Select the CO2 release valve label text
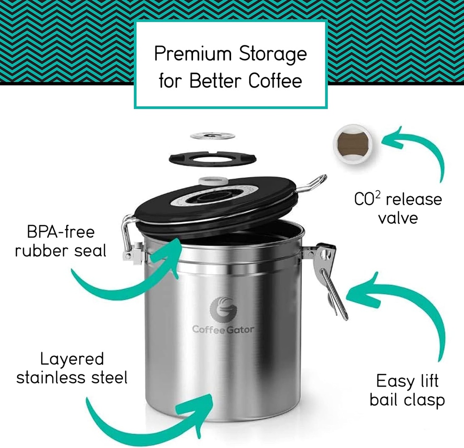[397, 208]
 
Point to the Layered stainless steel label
[72, 368]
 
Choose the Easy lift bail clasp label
[407, 390]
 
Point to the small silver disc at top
[212, 135]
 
